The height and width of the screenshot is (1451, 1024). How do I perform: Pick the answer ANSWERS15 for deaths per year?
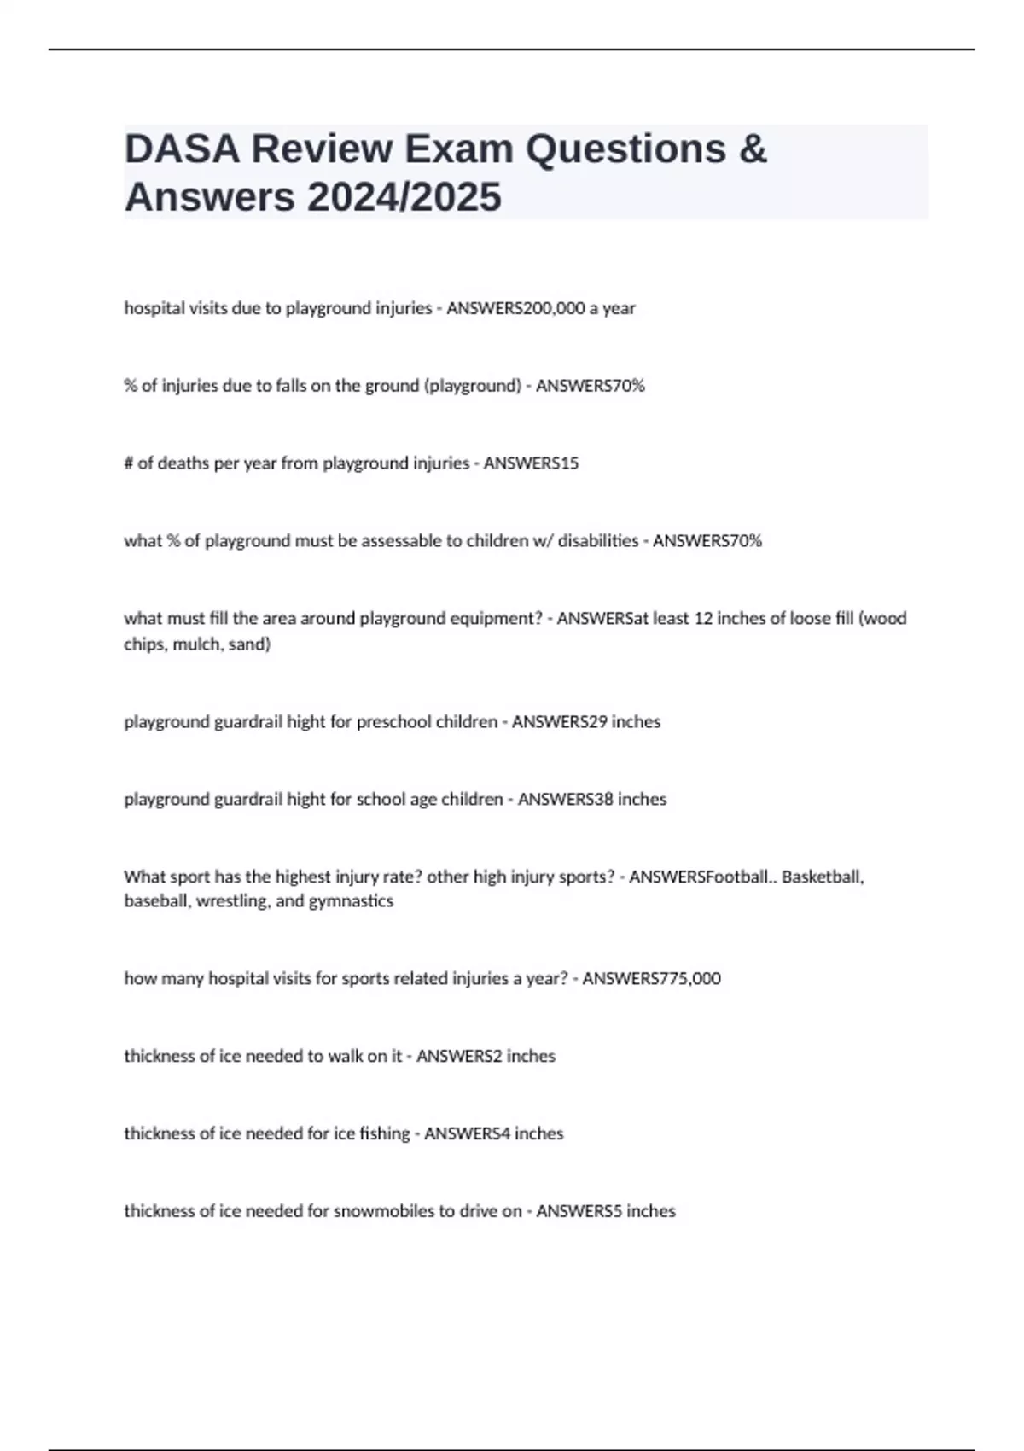[x=531, y=463]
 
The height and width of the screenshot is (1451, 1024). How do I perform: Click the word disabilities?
[x=597, y=541]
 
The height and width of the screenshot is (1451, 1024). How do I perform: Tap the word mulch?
[x=199, y=644]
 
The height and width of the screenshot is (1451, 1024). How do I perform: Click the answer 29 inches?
[x=624, y=722]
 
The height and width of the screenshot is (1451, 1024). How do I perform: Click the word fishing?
[x=384, y=1133]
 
